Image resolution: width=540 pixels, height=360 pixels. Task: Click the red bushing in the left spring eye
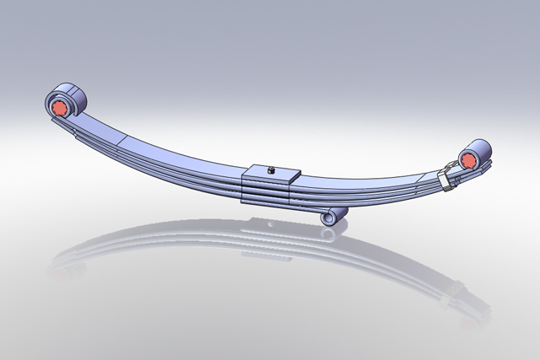[x=60, y=108]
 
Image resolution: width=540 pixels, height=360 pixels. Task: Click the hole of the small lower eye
[x=331, y=218]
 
